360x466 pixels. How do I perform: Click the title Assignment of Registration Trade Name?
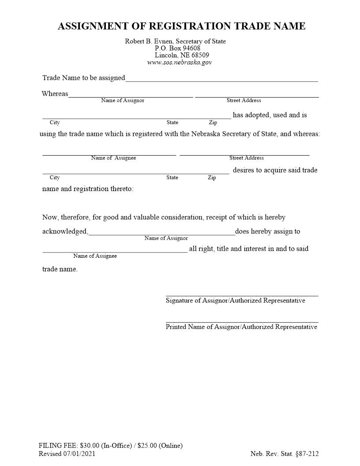coord(181,26)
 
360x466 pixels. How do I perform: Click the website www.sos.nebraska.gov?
coord(179,62)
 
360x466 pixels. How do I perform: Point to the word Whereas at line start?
coord(55,94)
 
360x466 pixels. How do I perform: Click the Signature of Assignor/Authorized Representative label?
coord(235,301)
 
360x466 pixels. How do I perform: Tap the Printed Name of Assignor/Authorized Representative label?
coord(241,327)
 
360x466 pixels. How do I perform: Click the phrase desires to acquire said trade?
coord(275,170)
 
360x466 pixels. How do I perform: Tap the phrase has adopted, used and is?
coord(270,115)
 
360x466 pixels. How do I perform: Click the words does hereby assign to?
coord(267,231)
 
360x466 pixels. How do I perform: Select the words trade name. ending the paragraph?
coord(60,269)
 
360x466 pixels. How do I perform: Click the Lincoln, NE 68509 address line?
coord(182,55)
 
